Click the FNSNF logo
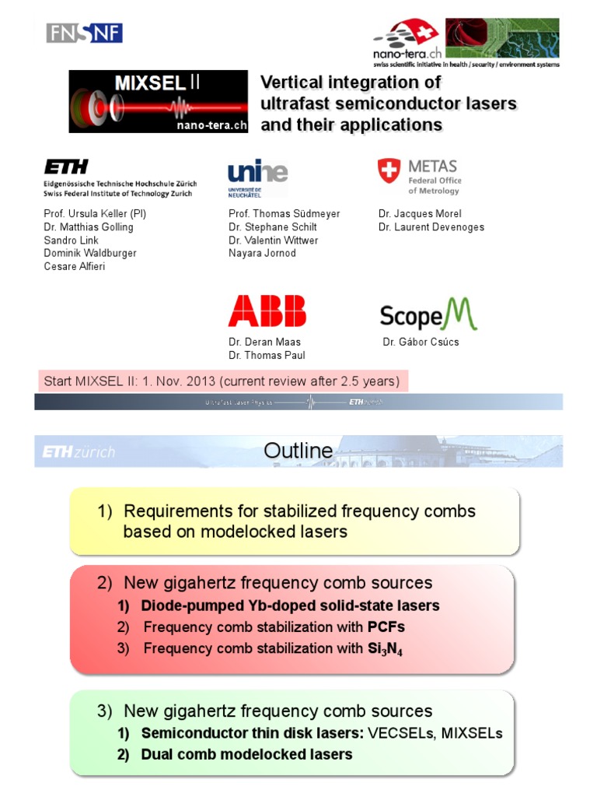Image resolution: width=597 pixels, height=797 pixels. coord(84,33)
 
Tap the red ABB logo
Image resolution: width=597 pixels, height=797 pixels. coord(267,311)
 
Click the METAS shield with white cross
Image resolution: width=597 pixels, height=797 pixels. coord(389,171)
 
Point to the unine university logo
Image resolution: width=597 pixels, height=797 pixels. coord(257,176)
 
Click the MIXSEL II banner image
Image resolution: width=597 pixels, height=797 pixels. coord(158,102)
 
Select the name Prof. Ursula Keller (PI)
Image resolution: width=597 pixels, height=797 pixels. coord(95,214)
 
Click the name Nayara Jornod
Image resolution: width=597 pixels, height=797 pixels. coord(262,254)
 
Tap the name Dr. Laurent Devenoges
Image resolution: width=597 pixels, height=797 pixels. coord(431,227)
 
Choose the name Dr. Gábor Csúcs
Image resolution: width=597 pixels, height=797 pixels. coord(421,342)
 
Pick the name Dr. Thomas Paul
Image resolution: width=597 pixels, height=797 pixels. coord(267,355)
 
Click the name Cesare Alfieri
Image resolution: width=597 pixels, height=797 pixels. coord(74,267)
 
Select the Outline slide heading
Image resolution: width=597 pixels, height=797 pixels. coord(298,451)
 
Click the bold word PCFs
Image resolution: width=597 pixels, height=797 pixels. coord(387,627)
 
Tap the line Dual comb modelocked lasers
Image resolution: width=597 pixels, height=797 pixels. coord(246,754)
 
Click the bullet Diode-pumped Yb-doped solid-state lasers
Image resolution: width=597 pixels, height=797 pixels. coord(290,606)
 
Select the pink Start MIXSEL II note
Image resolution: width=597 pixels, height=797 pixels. coord(222,381)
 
